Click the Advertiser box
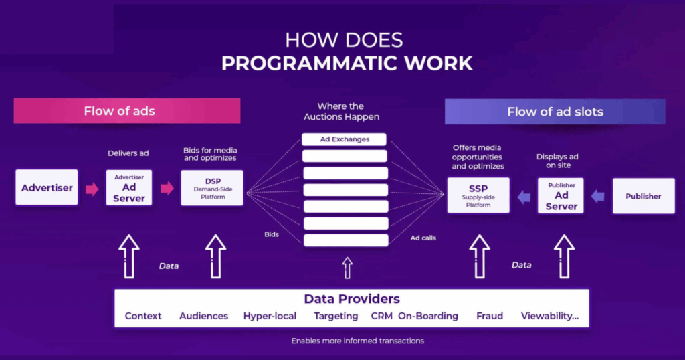coord(47,188)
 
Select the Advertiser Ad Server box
coord(129,188)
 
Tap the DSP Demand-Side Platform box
coord(212,188)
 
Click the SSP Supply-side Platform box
coord(478,195)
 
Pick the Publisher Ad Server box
coord(561,195)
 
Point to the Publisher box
coord(643,196)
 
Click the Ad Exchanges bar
coord(345,139)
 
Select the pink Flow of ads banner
coord(127,111)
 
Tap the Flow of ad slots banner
coord(555,112)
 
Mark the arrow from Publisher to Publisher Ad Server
coord(598,196)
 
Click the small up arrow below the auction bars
coord(347,268)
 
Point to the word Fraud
coord(490,316)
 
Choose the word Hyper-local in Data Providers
coord(270,316)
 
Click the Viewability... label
coord(550,316)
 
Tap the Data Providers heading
coord(351,299)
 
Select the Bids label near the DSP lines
coord(271,235)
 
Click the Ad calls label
coord(423,238)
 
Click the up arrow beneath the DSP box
coord(215,256)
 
